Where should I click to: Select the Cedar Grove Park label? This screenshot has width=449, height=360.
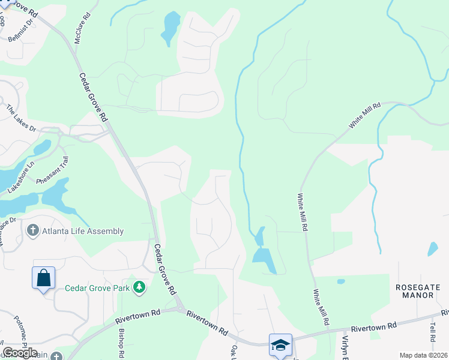(x=98, y=287)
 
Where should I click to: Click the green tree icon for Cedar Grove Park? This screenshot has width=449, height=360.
(x=139, y=287)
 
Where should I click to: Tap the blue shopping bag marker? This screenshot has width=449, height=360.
(x=43, y=278)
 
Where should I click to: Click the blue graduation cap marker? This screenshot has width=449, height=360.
(x=280, y=345)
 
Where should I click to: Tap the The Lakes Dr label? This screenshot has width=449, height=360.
(x=22, y=118)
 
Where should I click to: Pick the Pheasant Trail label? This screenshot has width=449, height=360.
(x=53, y=170)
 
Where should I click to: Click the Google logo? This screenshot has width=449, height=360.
(x=20, y=353)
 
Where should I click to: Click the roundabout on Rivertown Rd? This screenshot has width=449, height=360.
(x=178, y=310)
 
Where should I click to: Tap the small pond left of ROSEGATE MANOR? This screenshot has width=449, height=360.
(x=341, y=281)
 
